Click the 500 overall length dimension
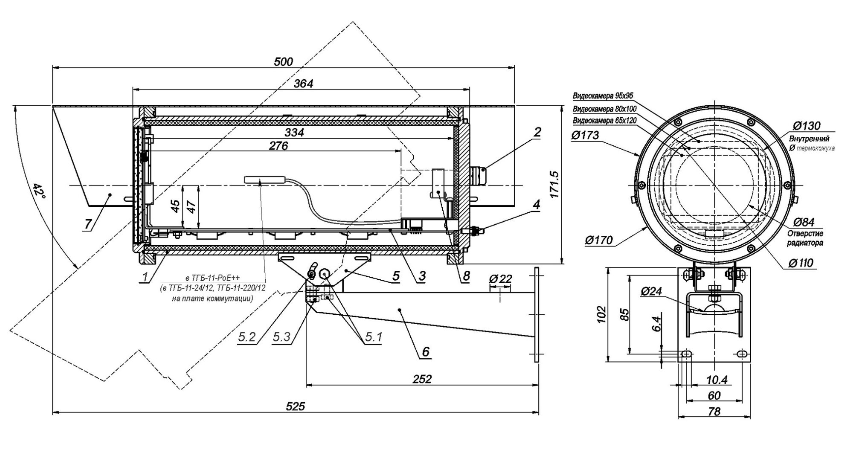283,62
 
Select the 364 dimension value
303,84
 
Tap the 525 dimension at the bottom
296,406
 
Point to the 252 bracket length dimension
422,379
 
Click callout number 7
88,224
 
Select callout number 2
537,132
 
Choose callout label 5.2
247,337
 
